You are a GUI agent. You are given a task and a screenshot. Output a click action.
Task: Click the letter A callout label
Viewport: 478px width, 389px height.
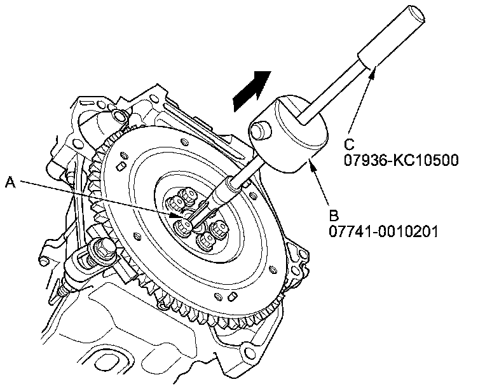[10, 182]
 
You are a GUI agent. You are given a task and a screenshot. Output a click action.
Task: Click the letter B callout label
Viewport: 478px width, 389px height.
[335, 214]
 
